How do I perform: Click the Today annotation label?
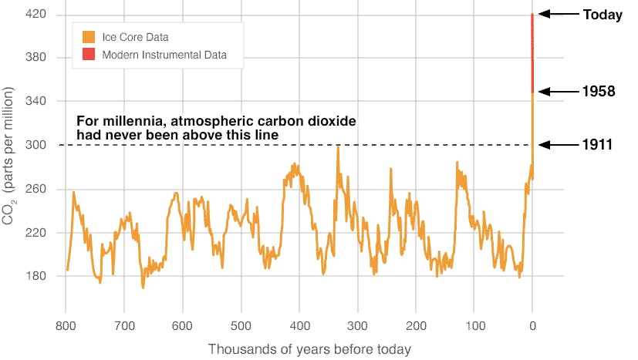[603, 15]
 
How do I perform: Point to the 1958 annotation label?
[599, 92]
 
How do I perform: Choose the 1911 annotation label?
[598, 144]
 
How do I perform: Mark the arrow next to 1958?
[556, 92]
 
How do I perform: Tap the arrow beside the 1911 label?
[556, 144]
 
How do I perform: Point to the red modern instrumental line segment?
[532, 54]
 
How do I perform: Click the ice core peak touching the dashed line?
[337, 147]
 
